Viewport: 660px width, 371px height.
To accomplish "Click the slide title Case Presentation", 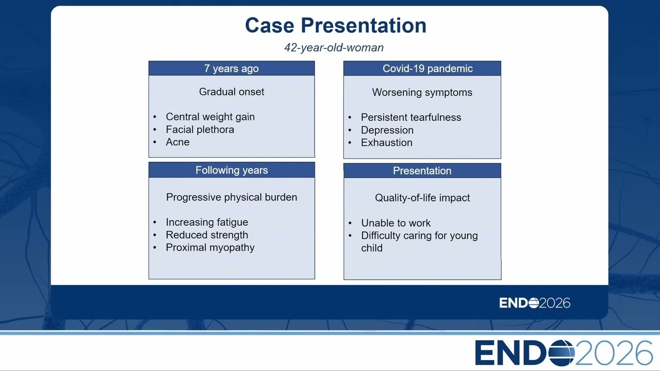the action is click(336, 26).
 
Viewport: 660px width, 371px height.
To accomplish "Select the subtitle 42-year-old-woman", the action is click(334, 48).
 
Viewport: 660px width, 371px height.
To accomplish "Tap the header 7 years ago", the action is click(232, 69).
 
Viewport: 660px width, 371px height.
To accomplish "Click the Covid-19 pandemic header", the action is click(427, 69).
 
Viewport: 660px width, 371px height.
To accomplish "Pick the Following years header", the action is click(232, 170).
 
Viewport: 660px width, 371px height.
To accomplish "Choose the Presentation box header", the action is click(422, 171).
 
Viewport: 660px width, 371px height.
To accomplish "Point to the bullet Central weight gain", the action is click(210, 117).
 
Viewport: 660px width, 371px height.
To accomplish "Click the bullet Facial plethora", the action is click(200, 129).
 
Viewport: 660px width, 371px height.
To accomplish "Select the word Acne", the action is click(177, 142).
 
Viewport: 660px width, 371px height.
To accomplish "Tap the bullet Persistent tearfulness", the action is click(411, 117).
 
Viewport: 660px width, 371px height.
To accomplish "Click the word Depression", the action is click(387, 130).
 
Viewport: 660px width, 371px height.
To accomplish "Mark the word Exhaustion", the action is click(387, 143).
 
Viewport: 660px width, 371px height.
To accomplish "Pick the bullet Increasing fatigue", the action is click(207, 222).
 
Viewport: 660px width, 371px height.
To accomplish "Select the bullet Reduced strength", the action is click(207, 235).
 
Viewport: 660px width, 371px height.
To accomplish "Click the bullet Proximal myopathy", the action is click(210, 248).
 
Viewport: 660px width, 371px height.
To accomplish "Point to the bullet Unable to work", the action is click(395, 223).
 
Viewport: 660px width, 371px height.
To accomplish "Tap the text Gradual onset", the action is click(232, 92).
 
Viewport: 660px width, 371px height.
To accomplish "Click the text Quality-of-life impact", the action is click(422, 198).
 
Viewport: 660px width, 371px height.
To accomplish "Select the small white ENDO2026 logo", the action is click(535, 303).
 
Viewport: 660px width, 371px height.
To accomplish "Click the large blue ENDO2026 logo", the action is click(564, 353).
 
